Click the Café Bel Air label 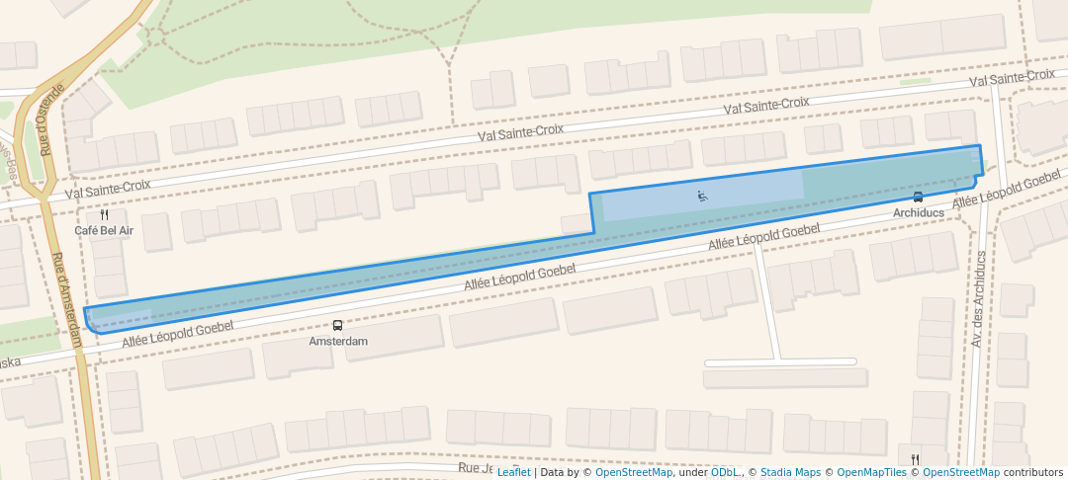click(104, 230)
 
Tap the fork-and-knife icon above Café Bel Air click(104, 214)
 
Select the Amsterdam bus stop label click(338, 341)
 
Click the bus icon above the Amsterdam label click(338, 325)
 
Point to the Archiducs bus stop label click(919, 212)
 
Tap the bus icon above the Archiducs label click(919, 197)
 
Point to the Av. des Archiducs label click(977, 297)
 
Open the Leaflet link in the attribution click(513, 472)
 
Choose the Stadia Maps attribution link click(790, 472)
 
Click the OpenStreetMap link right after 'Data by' click(634, 472)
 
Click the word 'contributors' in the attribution click(1032, 472)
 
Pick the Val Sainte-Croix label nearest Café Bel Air click(109, 185)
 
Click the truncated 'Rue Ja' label click(475, 467)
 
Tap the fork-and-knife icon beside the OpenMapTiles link click(915, 458)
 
